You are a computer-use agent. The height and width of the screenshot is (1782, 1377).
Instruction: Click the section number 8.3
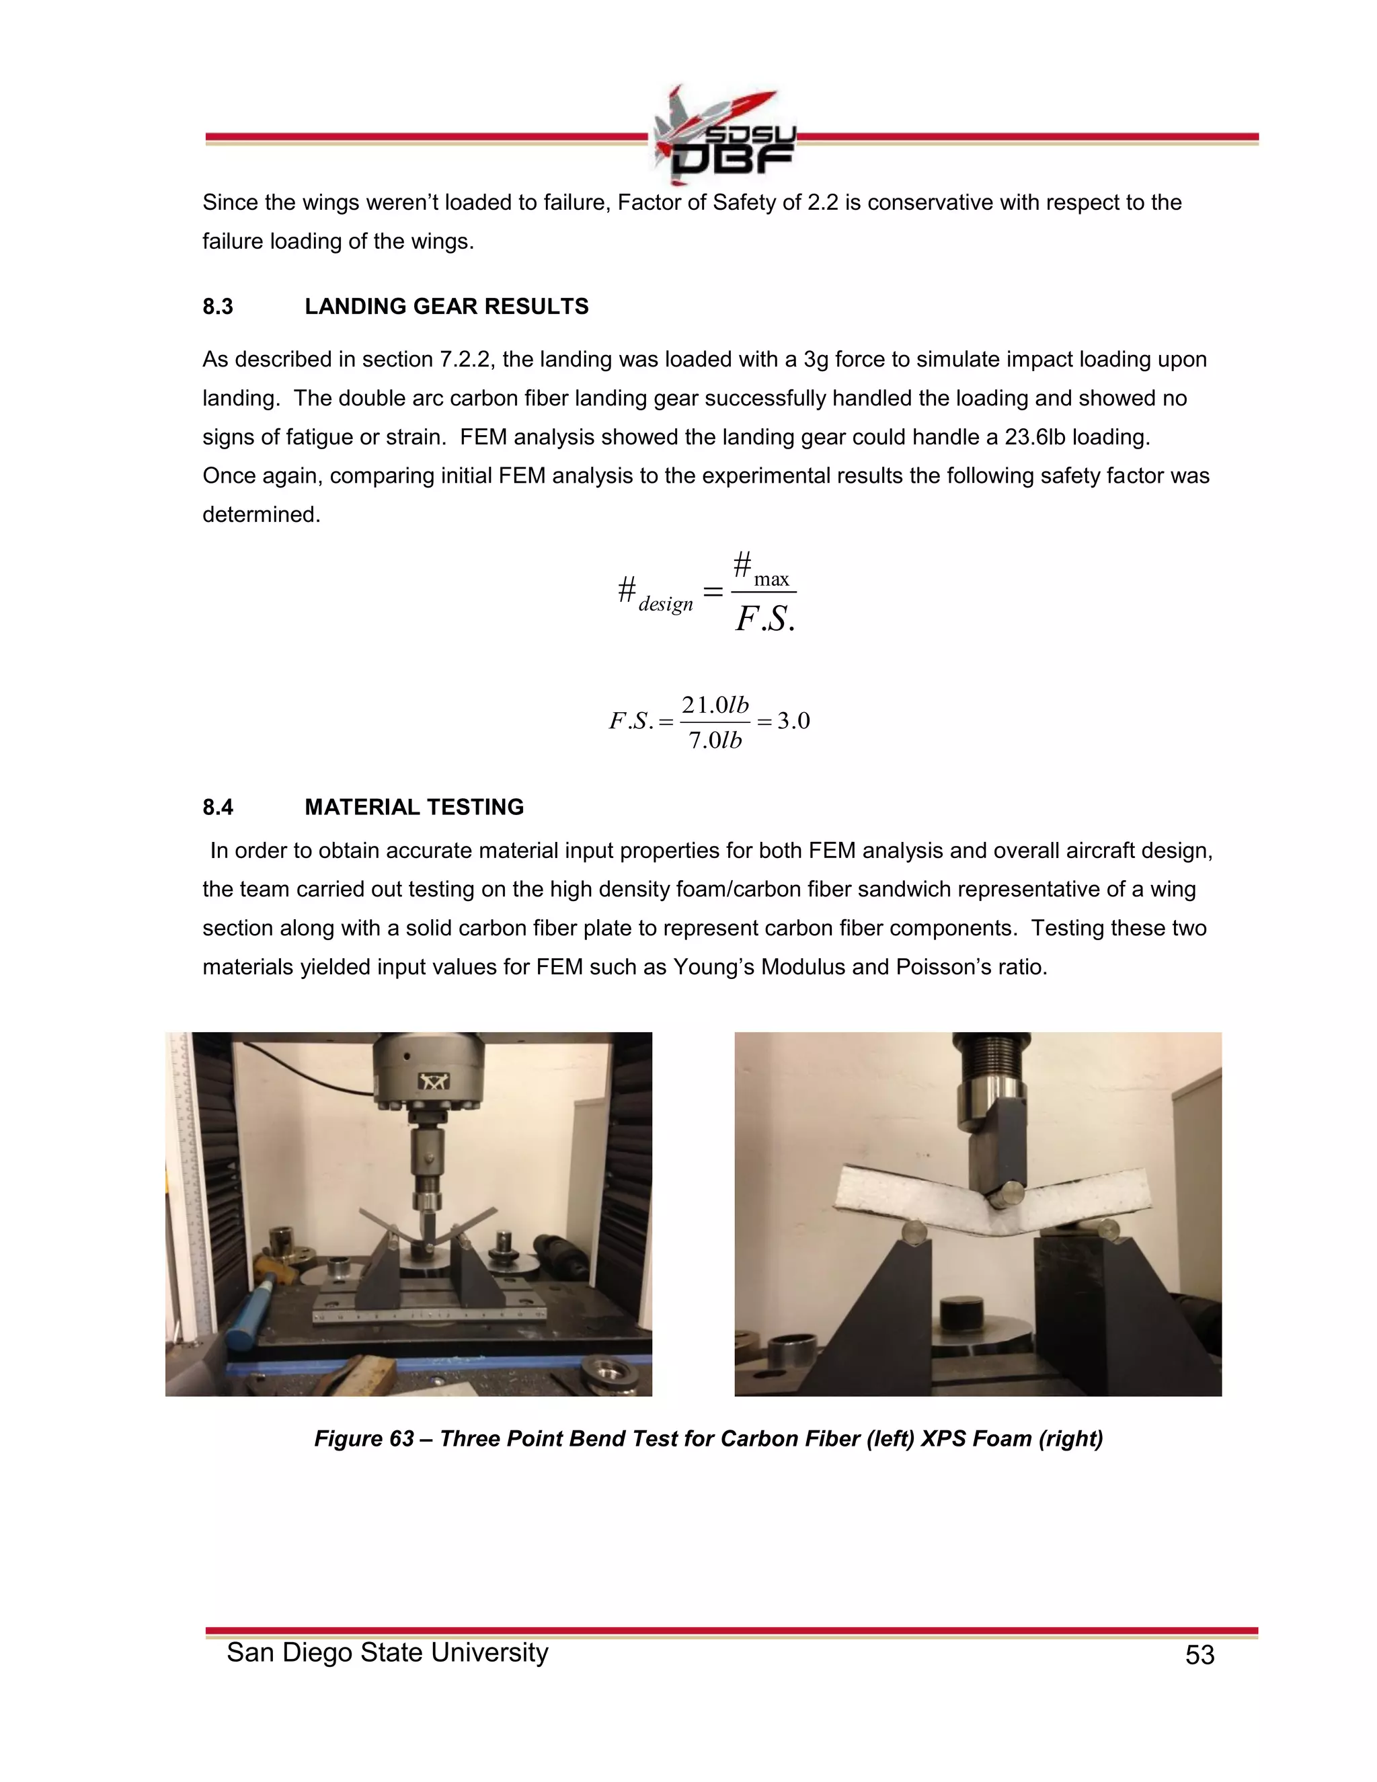pyautogui.click(x=218, y=307)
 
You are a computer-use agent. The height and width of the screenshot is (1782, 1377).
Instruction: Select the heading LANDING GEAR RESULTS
pyautogui.click(x=446, y=307)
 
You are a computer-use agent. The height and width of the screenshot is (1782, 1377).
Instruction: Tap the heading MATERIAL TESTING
pyautogui.click(x=414, y=807)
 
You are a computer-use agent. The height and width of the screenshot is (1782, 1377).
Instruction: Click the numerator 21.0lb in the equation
pyautogui.click(x=715, y=705)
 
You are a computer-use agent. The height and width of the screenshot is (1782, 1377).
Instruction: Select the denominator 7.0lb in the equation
pyautogui.click(x=715, y=740)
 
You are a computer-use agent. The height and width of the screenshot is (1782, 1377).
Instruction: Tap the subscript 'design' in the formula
pyautogui.click(x=666, y=604)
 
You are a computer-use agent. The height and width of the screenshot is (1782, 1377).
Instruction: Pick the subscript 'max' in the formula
pyautogui.click(x=771, y=579)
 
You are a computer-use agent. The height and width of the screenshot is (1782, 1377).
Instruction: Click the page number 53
pyautogui.click(x=1199, y=1655)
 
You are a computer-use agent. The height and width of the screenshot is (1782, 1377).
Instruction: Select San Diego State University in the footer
pyautogui.click(x=387, y=1652)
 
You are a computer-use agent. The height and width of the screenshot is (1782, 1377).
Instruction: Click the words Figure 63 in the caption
pyautogui.click(x=364, y=1438)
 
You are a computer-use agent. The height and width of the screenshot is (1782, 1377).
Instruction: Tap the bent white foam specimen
pyautogui.click(x=906, y=1200)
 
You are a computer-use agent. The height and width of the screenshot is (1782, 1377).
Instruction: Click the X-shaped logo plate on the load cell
pyautogui.click(x=428, y=1082)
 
